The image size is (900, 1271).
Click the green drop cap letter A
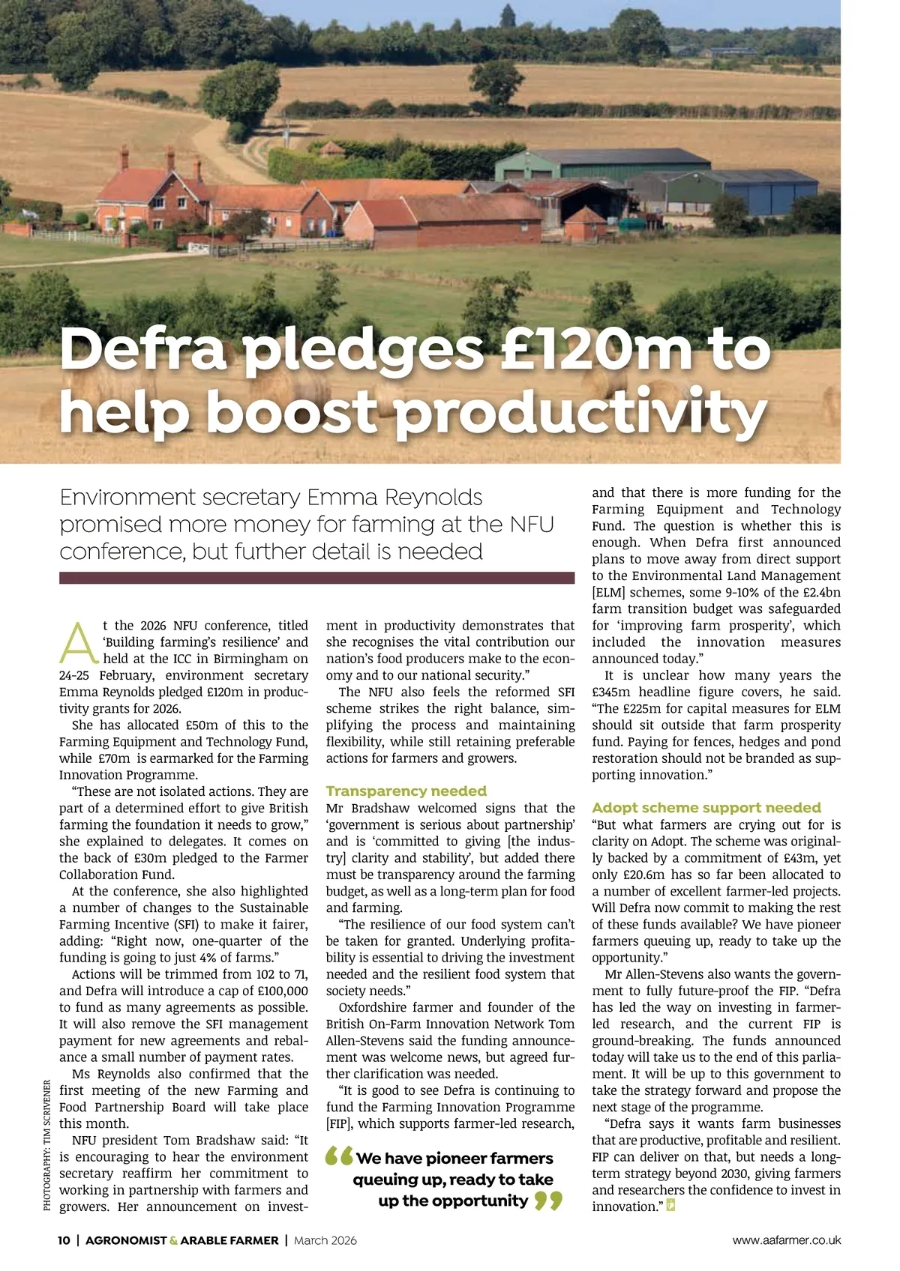tap(79, 643)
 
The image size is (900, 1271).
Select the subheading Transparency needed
tap(406, 791)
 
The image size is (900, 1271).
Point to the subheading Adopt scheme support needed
tap(706, 807)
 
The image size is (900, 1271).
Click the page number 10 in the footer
tap(64, 1240)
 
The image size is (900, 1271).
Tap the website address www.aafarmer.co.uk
tap(787, 1240)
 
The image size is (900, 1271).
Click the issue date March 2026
tap(325, 1240)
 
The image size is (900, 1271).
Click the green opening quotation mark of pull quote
tap(339, 1158)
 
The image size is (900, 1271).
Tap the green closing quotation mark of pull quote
tap(548, 1201)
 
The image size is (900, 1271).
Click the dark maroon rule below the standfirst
tap(316, 578)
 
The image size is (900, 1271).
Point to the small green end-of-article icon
tap(670, 1207)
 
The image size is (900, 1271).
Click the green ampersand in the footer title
tap(174, 1240)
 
